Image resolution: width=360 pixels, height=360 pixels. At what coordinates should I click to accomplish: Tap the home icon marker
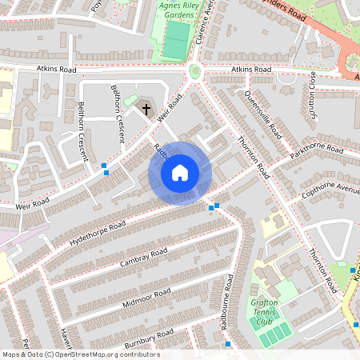[180, 173]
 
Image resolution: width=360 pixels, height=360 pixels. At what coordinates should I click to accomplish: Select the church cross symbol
[146, 107]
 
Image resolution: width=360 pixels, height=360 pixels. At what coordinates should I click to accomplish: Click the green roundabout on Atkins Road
[194, 72]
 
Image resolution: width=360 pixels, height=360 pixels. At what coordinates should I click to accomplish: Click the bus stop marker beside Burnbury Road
[228, 344]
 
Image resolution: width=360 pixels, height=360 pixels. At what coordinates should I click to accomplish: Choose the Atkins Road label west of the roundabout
[56, 70]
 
